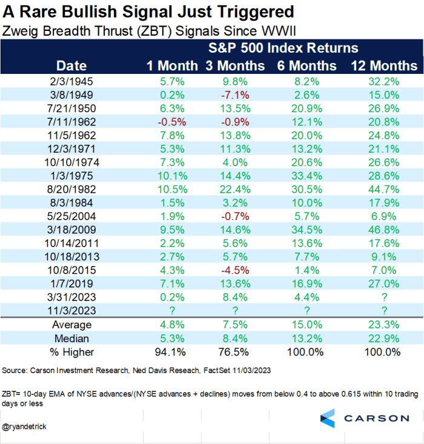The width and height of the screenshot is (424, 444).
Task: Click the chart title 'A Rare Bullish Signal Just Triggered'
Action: coord(148,12)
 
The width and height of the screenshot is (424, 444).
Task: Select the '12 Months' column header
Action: coord(384,65)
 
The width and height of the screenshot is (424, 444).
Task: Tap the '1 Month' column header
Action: coord(173,65)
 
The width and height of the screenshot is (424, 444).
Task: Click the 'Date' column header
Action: coord(71,65)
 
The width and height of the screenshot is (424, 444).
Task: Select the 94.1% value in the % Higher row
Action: coord(173,351)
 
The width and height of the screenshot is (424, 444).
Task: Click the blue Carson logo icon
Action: coord(327,418)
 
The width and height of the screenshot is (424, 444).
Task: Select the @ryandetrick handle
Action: coord(25,427)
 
